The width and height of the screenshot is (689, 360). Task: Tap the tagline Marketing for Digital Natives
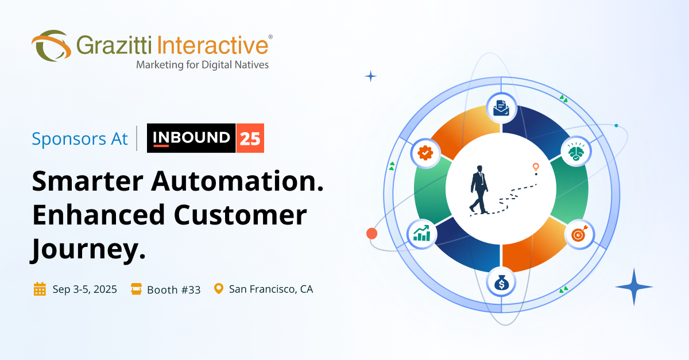point(202,65)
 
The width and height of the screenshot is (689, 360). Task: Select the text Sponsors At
point(80,139)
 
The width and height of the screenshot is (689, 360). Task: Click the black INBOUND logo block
point(191,138)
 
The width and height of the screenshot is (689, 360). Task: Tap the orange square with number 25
point(250,138)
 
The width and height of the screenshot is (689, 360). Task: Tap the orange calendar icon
point(40,289)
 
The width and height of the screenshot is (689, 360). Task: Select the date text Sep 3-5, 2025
point(84,289)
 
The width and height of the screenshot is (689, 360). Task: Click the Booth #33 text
point(173,289)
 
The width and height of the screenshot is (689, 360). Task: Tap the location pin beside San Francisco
point(218,288)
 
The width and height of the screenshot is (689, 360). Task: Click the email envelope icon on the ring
point(501,107)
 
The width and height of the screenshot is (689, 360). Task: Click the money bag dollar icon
point(501,282)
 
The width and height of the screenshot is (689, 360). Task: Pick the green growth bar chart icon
point(422,233)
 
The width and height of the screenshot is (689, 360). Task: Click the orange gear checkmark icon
point(425,153)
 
